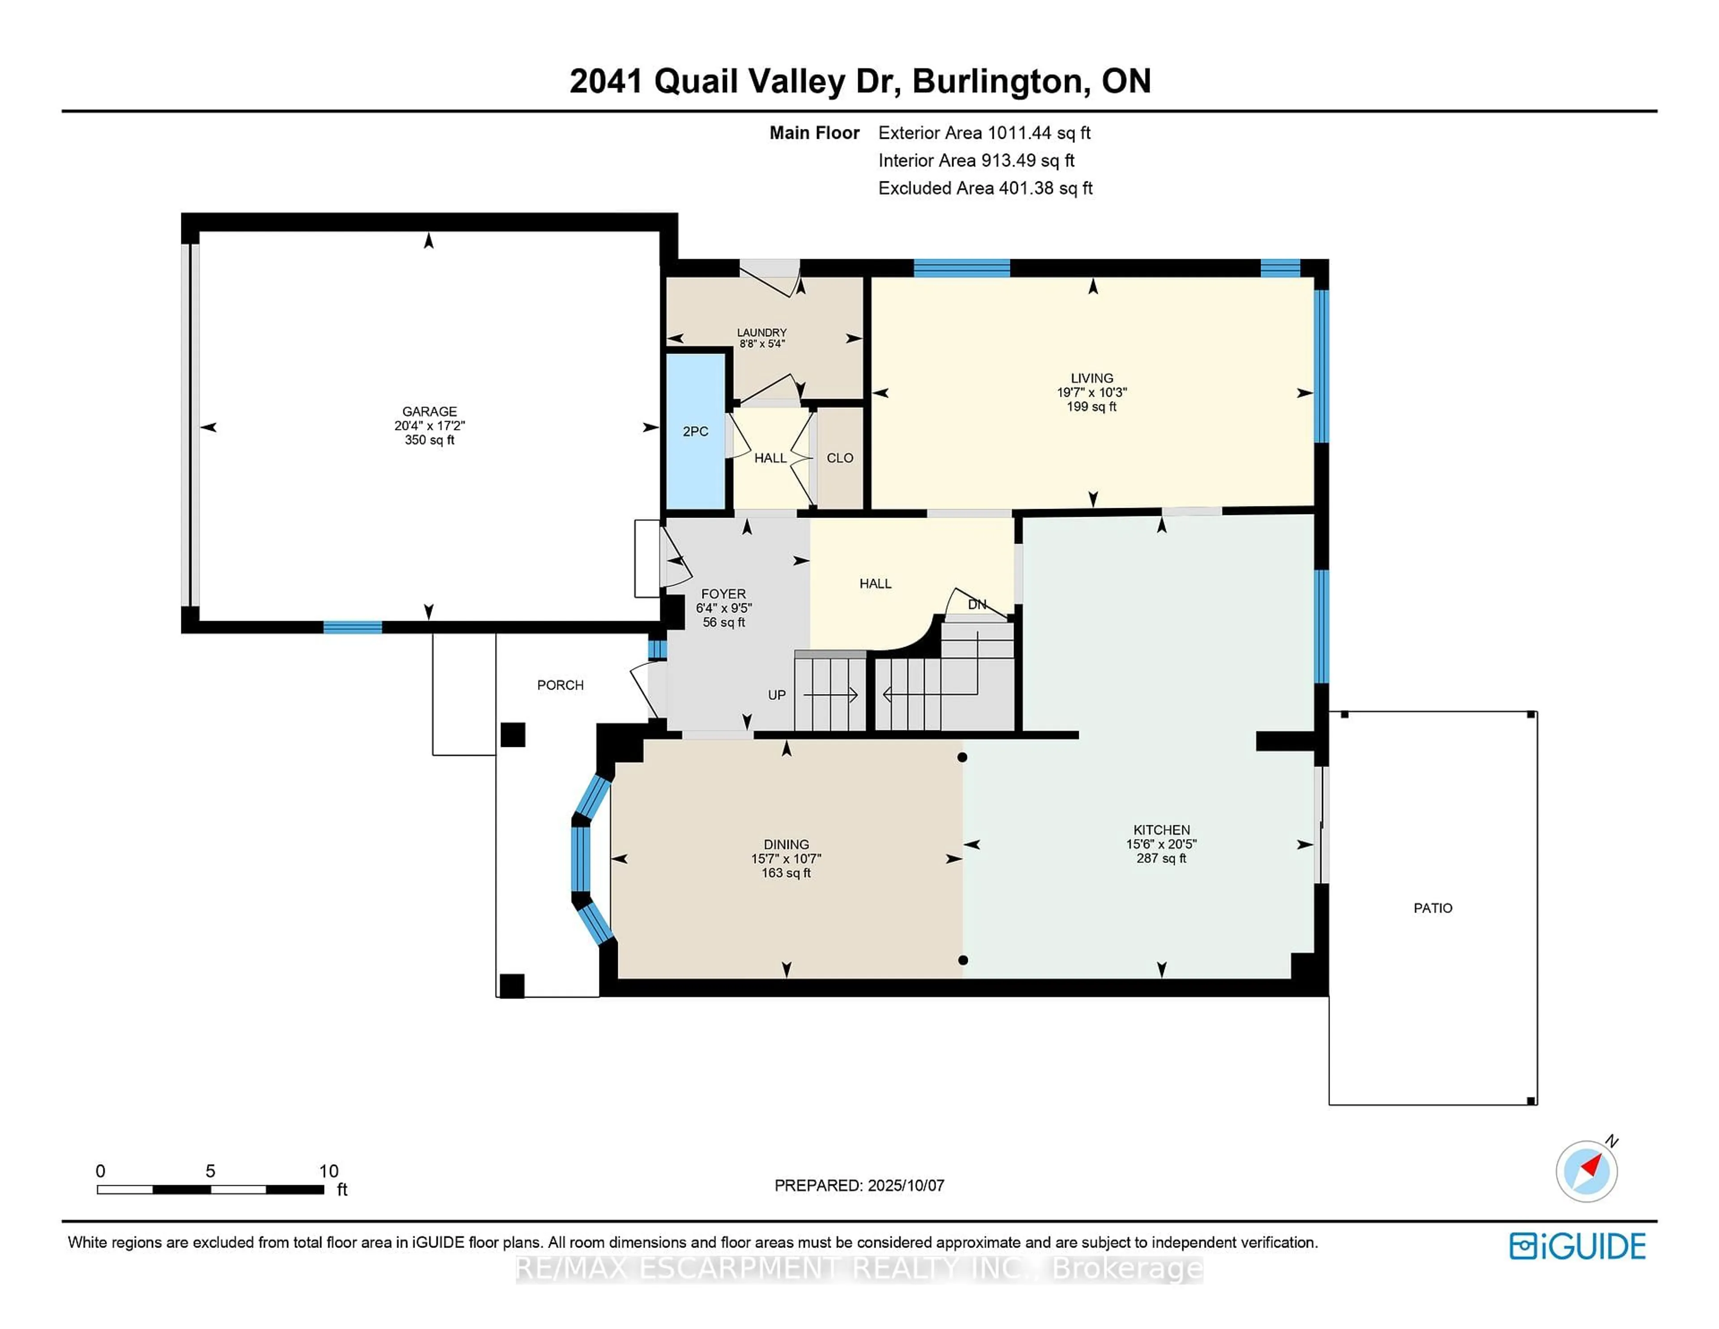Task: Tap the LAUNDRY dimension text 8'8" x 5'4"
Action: [761, 344]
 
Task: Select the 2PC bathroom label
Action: [695, 432]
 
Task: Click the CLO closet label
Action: [840, 458]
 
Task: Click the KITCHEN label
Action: [1161, 830]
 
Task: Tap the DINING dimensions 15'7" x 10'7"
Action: [786, 859]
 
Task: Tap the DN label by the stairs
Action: [977, 604]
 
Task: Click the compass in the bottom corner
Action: [1586, 1171]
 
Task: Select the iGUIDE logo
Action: [1578, 1246]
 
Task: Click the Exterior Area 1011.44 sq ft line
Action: [984, 133]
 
